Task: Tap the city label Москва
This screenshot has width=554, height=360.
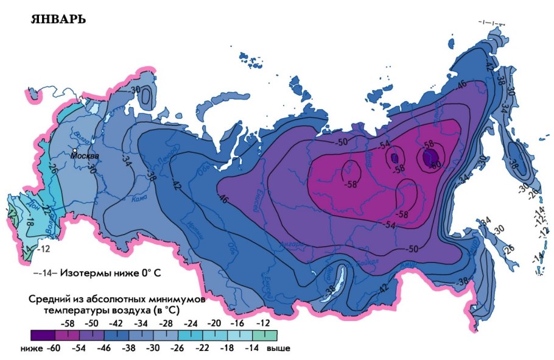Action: point(84,156)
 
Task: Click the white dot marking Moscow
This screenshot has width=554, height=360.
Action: point(74,150)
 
